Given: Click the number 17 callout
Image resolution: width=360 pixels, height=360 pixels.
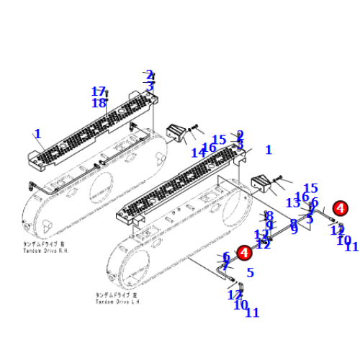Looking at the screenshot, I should (99, 91).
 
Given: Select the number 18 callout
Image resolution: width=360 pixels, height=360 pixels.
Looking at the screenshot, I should (99, 103).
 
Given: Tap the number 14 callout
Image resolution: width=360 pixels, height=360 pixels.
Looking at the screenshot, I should (198, 153).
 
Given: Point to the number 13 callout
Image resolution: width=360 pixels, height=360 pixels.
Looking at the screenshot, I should (293, 204).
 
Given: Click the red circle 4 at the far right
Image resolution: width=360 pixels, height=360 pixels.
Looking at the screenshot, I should (341, 208).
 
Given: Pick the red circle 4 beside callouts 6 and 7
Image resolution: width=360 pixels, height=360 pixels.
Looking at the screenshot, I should (244, 253).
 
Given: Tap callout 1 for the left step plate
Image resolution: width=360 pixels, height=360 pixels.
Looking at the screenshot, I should (38, 133).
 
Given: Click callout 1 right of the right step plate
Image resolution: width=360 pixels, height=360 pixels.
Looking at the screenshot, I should (269, 150).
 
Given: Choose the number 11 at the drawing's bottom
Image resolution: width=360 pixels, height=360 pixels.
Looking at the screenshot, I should (251, 312).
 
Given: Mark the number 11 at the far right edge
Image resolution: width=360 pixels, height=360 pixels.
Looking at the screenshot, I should (351, 247).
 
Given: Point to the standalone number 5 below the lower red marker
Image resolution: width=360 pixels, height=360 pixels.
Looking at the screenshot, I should (250, 272).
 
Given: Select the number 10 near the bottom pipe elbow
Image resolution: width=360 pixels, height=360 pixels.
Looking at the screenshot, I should (240, 305).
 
